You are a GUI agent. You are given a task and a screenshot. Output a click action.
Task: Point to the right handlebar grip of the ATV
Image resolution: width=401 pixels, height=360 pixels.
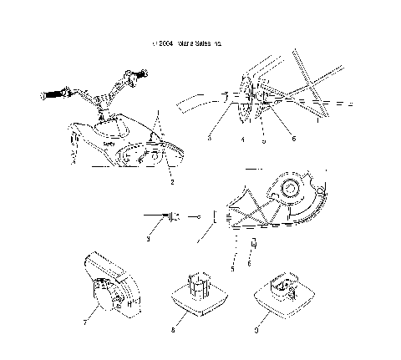click(x=132, y=79)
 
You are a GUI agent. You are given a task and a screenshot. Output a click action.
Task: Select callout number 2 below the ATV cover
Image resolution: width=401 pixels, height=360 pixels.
click(x=172, y=180)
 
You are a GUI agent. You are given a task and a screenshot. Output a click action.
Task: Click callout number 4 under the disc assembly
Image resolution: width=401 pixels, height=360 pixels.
click(x=242, y=140)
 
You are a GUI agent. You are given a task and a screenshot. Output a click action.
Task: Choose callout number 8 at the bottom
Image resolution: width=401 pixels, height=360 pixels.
click(x=173, y=331)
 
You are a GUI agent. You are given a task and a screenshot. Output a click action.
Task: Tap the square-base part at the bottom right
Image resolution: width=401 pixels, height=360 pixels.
click(x=282, y=297)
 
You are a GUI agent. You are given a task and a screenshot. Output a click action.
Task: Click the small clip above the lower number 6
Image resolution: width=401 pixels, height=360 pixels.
click(x=249, y=245)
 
